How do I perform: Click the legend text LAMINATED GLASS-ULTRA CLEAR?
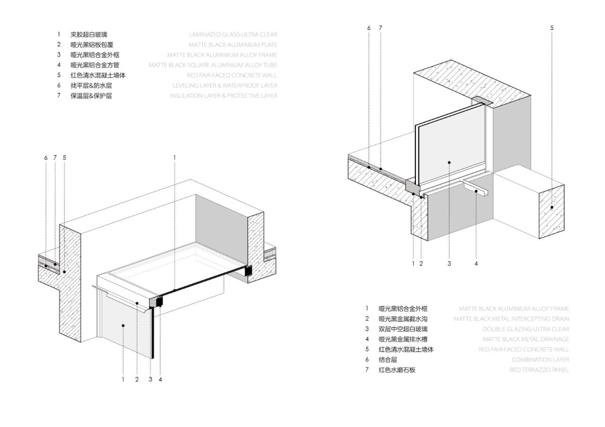(x=233, y=34)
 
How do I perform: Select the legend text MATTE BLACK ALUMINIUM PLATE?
(x=233, y=45)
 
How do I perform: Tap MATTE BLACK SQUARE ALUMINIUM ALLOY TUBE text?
(x=213, y=65)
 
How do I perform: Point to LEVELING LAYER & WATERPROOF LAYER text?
(x=225, y=85)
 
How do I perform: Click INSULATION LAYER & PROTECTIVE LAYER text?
(x=224, y=96)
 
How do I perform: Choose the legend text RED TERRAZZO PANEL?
(x=539, y=370)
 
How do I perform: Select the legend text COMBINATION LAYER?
(x=540, y=360)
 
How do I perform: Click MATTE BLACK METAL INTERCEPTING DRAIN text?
(x=511, y=319)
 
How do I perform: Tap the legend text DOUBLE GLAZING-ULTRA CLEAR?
(x=526, y=329)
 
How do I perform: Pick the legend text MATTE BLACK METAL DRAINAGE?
(x=526, y=340)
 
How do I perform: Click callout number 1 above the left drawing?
(x=174, y=157)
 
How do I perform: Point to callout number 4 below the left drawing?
(x=161, y=379)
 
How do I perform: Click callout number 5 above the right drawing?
(x=552, y=28)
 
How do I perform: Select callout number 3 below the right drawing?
(x=449, y=264)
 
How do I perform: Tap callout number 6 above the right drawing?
(x=369, y=28)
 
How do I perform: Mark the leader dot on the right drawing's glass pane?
(x=449, y=162)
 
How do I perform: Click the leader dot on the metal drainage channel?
(x=476, y=191)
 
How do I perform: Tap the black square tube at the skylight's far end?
(x=248, y=271)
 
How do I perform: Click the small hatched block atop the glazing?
(x=482, y=101)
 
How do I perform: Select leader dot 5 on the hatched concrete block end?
(x=552, y=207)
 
